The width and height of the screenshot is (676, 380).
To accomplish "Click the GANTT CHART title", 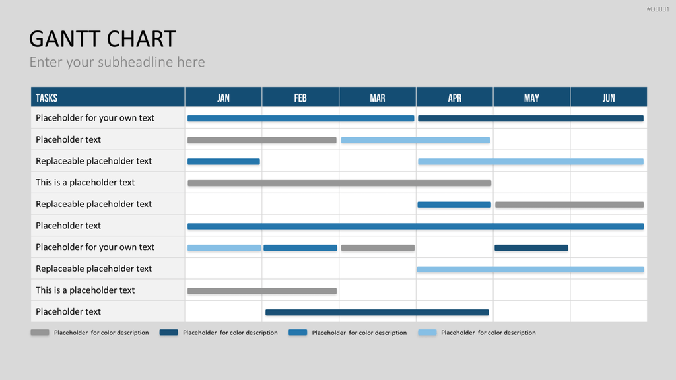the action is pyautogui.click(x=102, y=39).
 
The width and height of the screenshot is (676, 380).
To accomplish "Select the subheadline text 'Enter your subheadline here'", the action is pyautogui.click(x=118, y=62).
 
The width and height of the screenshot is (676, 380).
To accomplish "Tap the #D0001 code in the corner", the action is pyautogui.click(x=658, y=9).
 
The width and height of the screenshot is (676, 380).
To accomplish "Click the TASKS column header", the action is pyautogui.click(x=47, y=98).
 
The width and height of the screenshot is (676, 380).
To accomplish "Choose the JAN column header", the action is pyautogui.click(x=223, y=98).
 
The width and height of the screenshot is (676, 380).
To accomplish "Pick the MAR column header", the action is pyautogui.click(x=378, y=98).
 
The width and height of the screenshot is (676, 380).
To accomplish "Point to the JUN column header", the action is pyautogui.click(x=609, y=98).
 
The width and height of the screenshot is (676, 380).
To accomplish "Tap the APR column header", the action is pyautogui.click(x=454, y=98).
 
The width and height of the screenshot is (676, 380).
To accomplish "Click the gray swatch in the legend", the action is pyautogui.click(x=40, y=332).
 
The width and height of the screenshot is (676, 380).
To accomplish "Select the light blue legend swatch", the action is pyautogui.click(x=427, y=332).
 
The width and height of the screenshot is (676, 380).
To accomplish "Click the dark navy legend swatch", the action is pyautogui.click(x=168, y=332).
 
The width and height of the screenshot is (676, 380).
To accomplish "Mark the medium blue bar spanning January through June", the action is pyautogui.click(x=416, y=226).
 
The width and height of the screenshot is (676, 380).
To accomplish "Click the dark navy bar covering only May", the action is pyautogui.click(x=531, y=248).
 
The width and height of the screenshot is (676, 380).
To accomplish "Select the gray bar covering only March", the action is pyautogui.click(x=378, y=248).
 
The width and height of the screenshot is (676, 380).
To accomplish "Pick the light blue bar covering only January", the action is pyautogui.click(x=224, y=248).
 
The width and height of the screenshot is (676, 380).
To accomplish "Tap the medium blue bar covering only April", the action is pyautogui.click(x=454, y=205).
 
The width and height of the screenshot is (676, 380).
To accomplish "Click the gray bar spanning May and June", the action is pyautogui.click(x=570, y=205).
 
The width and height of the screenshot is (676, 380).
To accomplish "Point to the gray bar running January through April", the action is pyautogui.click(x=339, y=183).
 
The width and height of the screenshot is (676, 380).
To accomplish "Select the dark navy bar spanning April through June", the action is pyautogui.click(x=531, y=119).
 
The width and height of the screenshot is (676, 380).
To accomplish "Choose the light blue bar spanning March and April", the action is pyautogui.click(x=416, y=140).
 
